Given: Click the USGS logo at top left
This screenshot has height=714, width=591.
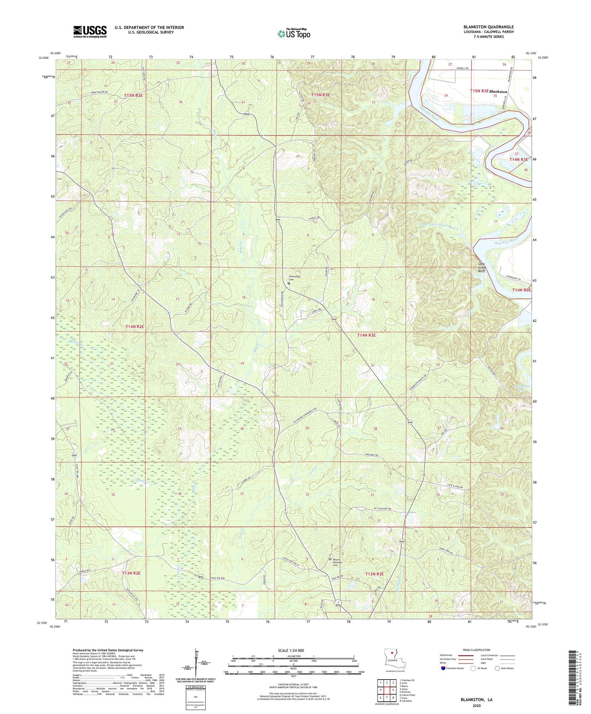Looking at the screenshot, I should (90, 31).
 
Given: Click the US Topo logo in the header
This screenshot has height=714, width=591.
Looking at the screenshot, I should (294, 34).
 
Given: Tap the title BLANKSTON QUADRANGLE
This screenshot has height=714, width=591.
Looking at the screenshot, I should (488, 27).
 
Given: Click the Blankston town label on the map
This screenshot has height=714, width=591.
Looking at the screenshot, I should (498, 92).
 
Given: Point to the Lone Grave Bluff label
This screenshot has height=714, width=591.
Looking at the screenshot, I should (482, 267).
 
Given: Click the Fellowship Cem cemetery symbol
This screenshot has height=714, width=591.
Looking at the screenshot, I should (289, 283).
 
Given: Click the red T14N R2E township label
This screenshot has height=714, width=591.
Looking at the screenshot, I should (135, 327).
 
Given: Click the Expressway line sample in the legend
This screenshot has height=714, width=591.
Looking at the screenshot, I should (466, 655).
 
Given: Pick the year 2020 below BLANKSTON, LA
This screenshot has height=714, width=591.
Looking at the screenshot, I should (476, 705).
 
